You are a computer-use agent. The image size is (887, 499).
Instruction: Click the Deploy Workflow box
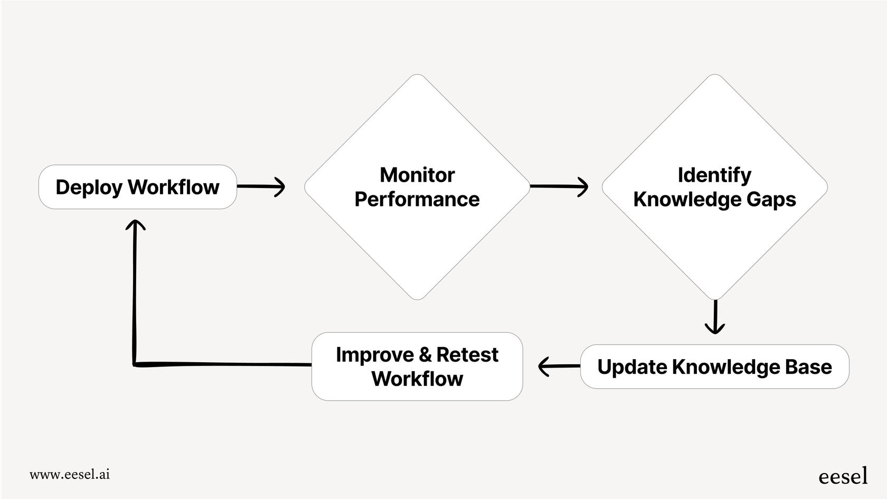coord(137,187)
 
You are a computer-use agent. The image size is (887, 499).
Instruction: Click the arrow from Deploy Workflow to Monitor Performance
coord(261,186)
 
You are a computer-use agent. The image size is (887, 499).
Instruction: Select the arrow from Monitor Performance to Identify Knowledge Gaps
coord(559,186)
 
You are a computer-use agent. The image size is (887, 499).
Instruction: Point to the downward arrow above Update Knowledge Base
coord(715,317)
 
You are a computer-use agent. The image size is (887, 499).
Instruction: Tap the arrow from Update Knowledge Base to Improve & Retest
coord(559,366)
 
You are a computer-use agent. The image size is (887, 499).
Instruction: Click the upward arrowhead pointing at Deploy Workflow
coord(135,226)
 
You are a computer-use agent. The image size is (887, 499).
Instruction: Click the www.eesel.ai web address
coord(70,474)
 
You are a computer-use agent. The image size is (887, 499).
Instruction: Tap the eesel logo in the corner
coord(843,476)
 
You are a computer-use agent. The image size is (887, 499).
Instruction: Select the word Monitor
coord(417,175)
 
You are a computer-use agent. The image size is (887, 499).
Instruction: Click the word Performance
coord(417,200)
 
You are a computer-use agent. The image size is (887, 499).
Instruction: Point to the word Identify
coord(714,175)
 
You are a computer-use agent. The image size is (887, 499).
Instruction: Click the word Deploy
coord(89,187)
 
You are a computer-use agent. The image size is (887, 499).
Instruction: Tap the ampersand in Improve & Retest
coord(425,355)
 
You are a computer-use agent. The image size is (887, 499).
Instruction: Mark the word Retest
coord(467,355)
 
